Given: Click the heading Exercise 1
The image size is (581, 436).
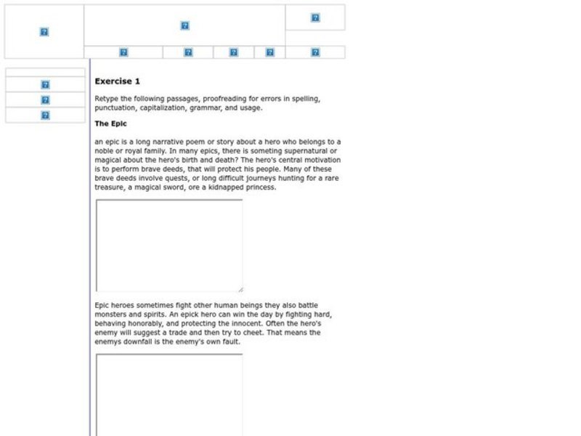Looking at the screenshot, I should [x=117, y=81].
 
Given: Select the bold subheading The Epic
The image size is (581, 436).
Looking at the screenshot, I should [x=110, y=124].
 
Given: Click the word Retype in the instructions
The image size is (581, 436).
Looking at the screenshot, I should [x=107, y=98].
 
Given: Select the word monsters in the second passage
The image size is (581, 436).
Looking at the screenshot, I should [x=111, y=314].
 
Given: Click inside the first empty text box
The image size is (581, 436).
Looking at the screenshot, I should [x=168, y=245].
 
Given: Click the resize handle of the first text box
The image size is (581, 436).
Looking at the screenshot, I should [x=240, y=289].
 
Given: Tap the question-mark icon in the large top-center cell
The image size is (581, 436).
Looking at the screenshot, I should [x=184, y=26].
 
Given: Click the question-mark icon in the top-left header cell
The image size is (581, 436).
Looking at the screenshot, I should [x=44, y=32].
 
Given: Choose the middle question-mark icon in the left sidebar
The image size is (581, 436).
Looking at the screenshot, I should [x=45, y=100].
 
